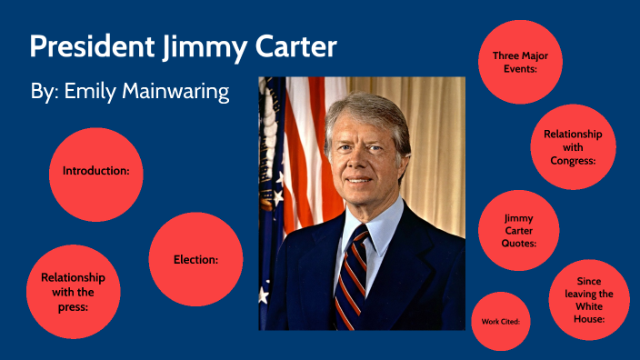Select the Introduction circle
(95, 171)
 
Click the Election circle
(195, 259)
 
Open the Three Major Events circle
(520, 62)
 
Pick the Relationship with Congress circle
(573, 147)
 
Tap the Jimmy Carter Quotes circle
(518, 231)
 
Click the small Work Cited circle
(501, 321)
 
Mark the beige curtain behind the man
(436, 136)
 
